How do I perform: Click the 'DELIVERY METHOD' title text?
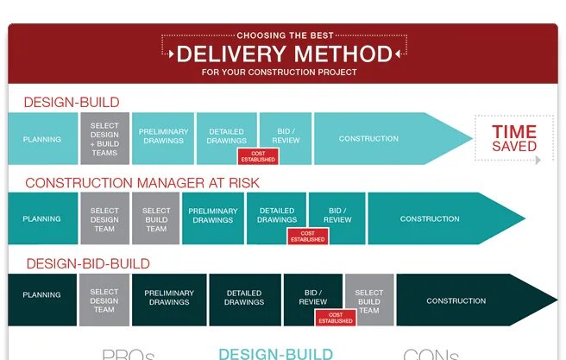point(284,54)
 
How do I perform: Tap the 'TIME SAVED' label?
point(514,139)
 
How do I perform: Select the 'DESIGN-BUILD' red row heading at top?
point(72,102)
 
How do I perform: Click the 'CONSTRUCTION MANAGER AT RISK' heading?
point(142,183)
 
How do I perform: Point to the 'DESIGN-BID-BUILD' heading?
point(88,263)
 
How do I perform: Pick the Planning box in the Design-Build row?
point(41,138)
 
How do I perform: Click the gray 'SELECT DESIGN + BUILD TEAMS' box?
point(104,138)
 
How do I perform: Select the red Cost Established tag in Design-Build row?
point(256,156)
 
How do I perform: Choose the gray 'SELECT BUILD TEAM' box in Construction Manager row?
point(156,219)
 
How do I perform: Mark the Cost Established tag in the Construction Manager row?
point(307,236)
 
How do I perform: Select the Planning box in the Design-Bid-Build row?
point(41,295)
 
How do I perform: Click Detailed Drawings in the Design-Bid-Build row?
point(244,298)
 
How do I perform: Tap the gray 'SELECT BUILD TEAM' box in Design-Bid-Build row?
point(369,300)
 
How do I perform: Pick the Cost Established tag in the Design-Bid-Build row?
point(336,318)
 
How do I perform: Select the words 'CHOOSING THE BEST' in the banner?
point(284,35)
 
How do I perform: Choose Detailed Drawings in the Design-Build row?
point(227,136)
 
